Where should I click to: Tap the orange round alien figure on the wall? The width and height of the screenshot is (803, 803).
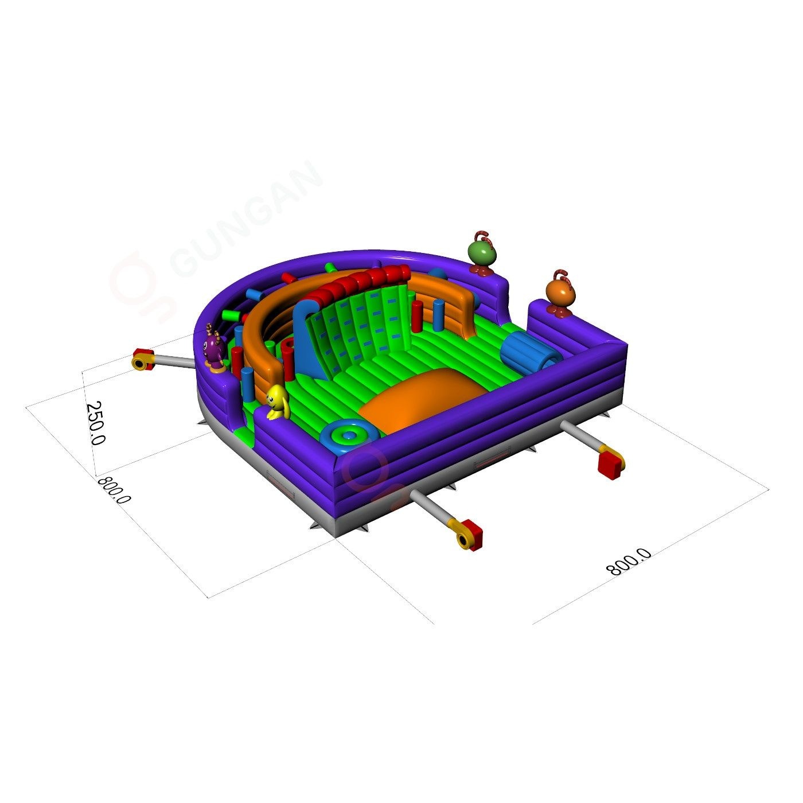pos(561,294)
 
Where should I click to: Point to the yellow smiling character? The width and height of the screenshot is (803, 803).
pos(278,402)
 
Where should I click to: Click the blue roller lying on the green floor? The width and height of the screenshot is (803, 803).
pos(530,354)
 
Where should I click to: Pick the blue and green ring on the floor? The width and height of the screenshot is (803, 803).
pos(349,436)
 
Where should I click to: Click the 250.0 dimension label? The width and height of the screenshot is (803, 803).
pos(95,423)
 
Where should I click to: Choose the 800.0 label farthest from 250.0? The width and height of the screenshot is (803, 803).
pos(629,562)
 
